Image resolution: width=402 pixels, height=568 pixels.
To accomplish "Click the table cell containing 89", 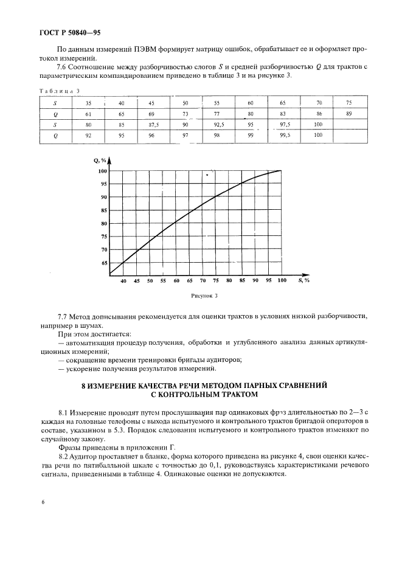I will click(348, 113).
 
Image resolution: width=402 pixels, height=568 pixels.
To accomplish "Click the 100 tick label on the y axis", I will click(102, 171).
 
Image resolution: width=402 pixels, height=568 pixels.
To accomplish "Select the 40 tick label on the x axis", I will click(123, 281).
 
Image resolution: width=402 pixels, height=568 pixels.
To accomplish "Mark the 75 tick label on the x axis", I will click(216, 281).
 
